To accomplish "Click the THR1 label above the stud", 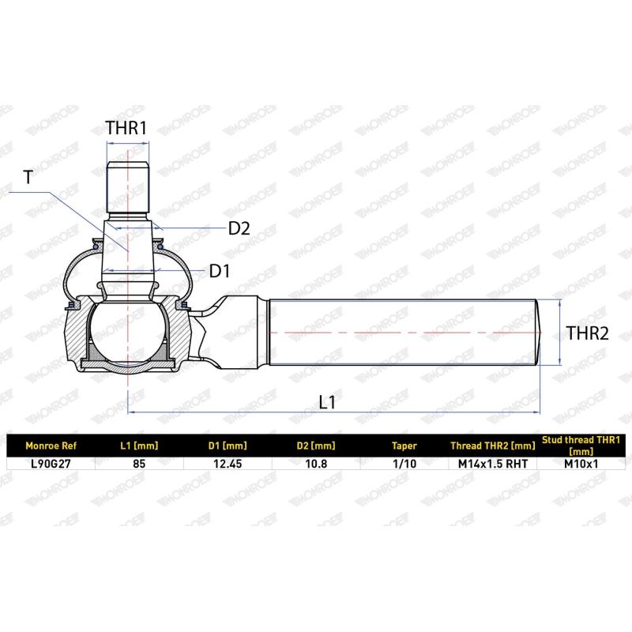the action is tap(126, 128).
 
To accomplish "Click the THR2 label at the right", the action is tap(587, 333).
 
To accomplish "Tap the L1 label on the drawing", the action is tap(327, 402).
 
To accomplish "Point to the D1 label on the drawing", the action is tap(220, 271).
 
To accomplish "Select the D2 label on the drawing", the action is tap(239, 228).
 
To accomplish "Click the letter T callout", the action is tap(28, 177).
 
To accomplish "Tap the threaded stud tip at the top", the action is tap(127, 187).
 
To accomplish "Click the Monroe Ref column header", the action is tap(51, 446).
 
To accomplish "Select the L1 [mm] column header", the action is tap(139, 446).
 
